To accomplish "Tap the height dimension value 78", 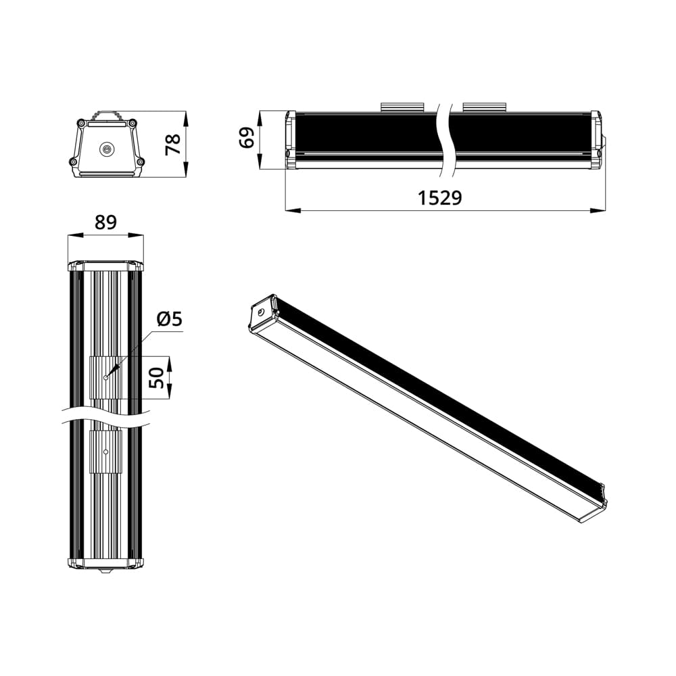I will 174,144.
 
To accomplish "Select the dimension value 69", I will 247,137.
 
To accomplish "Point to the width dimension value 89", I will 105,222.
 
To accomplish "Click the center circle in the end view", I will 106,150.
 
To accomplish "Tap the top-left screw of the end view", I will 81,123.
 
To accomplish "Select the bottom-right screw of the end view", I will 141,162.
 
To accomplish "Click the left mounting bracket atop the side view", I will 402,107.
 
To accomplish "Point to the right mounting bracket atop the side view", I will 484,107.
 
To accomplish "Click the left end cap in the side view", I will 290,140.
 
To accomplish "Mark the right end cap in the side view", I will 596,140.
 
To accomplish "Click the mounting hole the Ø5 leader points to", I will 105,378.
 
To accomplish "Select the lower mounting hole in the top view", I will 105,451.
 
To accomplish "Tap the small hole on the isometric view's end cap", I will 260,312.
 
